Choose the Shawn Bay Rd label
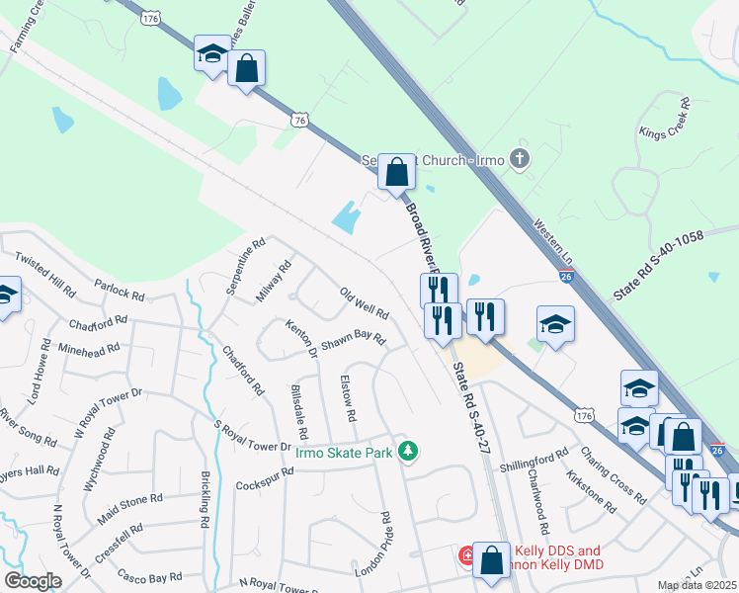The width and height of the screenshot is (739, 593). [351, 339]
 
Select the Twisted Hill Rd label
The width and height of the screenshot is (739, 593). [44, 275]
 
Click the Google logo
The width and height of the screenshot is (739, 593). [33, 581]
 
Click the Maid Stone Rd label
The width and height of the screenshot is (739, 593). [129, 510]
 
